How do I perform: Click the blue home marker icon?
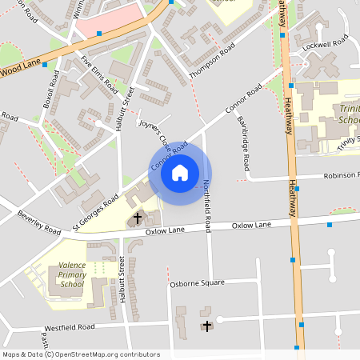[x=180, y=172]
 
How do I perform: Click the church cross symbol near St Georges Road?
[x=137, y=217]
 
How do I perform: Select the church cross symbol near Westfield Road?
[x=208, y=326]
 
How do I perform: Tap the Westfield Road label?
[x=69, y=327]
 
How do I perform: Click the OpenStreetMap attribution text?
[x=80, y=354]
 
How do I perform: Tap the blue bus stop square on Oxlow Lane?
[x=329, y=225]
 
